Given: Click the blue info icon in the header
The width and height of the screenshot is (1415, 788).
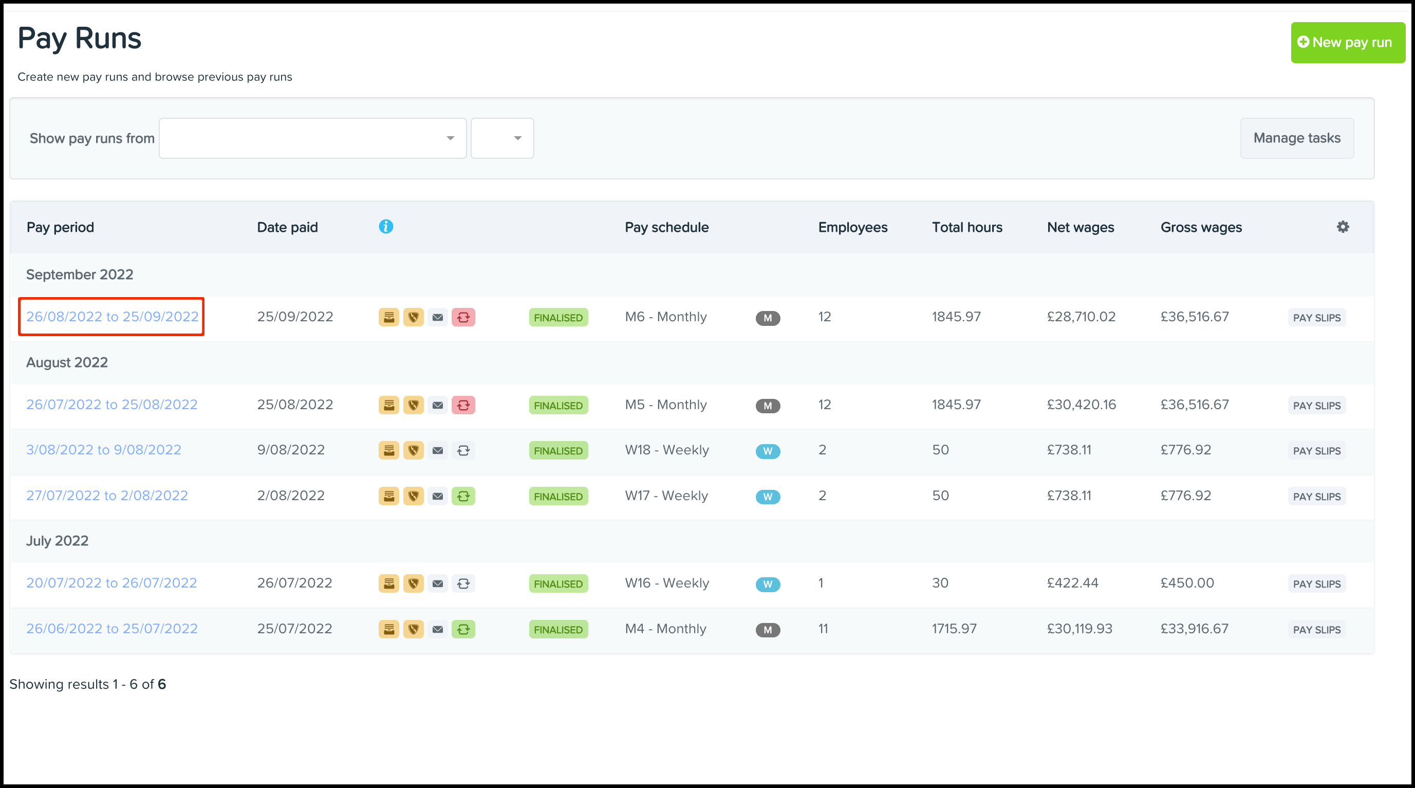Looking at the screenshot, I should (386, 226).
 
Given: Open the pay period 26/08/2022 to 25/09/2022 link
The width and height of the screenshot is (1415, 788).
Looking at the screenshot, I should (112, 317).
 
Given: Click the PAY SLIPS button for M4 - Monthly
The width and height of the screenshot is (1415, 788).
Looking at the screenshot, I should (1316, 630).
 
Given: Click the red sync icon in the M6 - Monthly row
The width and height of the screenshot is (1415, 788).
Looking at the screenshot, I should (463, 318).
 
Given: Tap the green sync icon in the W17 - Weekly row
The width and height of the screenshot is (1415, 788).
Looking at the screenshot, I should (463, 496).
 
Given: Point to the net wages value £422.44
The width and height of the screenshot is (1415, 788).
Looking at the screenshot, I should (1072, 583).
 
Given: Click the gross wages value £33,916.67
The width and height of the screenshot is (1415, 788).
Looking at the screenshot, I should (1194, 629).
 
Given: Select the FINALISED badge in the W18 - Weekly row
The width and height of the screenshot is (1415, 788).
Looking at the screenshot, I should (558, 451).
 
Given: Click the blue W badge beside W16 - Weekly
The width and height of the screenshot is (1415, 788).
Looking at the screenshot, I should (768, 584).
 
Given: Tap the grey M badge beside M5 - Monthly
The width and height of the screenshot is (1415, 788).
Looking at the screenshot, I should (768, 406).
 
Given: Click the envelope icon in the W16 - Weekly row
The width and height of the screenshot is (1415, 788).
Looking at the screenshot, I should (437, 583).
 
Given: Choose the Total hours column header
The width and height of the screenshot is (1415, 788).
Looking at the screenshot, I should (967, 228).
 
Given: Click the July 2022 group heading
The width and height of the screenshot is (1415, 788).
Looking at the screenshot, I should (57, 541).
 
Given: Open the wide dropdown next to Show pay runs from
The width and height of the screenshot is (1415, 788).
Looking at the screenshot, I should (312, 138).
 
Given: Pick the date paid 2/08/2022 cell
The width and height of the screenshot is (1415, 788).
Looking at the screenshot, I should (291, 495).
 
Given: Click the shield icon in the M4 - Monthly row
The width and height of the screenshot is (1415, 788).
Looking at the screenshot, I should (413, 629).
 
